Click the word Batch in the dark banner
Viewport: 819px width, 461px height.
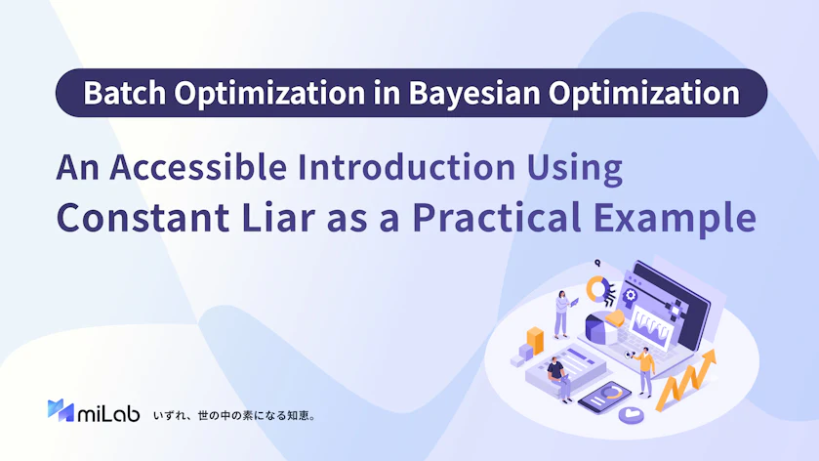[124, 93]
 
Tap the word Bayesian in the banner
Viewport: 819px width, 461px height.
[474, 94]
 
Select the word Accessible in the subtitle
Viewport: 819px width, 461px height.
[198, 167]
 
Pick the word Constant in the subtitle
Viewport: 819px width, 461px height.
[143, 218]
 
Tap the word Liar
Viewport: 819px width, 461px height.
[278, 218]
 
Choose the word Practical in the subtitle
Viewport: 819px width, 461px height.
[497, 218]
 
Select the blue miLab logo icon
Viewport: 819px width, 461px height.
[61, 410]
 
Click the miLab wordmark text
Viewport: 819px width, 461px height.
[108, 413]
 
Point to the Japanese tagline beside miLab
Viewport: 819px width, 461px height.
[234, 416]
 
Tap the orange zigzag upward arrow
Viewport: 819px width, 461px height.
[685, 381]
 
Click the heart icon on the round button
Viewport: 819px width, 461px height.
[631, 414]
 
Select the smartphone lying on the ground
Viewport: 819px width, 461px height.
[604, 398]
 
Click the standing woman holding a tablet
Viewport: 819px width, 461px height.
[563, 314]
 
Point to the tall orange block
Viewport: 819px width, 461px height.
[535, 341]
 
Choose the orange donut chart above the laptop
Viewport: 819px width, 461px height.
[597, 289]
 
